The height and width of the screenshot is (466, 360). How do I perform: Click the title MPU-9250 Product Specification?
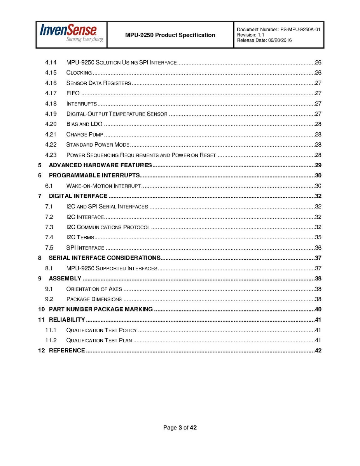(x=170, y=35)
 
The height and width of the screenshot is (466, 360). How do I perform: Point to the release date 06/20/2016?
(x=280, y=40)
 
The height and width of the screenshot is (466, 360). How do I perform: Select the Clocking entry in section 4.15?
(x=79, y=73)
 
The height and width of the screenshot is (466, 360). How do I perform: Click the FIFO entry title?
(x=73, y=93)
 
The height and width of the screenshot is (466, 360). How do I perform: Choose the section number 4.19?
(x=51, y=114)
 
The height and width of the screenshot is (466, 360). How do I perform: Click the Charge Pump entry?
(x=85, y=135)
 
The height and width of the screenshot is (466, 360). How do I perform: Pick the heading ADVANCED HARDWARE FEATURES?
(x=100, y=165)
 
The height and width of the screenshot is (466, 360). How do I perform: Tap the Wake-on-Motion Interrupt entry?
(x=103, y=186)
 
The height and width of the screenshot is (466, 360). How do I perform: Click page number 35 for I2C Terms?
(x=318, y=237)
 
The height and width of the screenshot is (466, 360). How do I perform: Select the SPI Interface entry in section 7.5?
(x=85, y=248)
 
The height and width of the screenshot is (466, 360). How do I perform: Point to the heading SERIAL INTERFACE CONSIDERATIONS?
(x=105, y=258)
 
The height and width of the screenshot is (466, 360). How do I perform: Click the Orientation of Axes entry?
(x=94, y=289)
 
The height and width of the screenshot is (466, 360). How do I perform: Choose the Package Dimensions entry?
(x=94, y=300)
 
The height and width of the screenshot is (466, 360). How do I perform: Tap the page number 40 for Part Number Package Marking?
(x=318, y=310)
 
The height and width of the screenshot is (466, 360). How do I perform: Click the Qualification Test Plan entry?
(x=99, y=341)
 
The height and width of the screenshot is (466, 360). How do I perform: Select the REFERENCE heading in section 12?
(x=67, y=351)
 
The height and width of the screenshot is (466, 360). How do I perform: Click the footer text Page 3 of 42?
(x=180, y=428)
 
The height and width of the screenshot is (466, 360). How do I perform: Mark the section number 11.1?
(x=51, y=330)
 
